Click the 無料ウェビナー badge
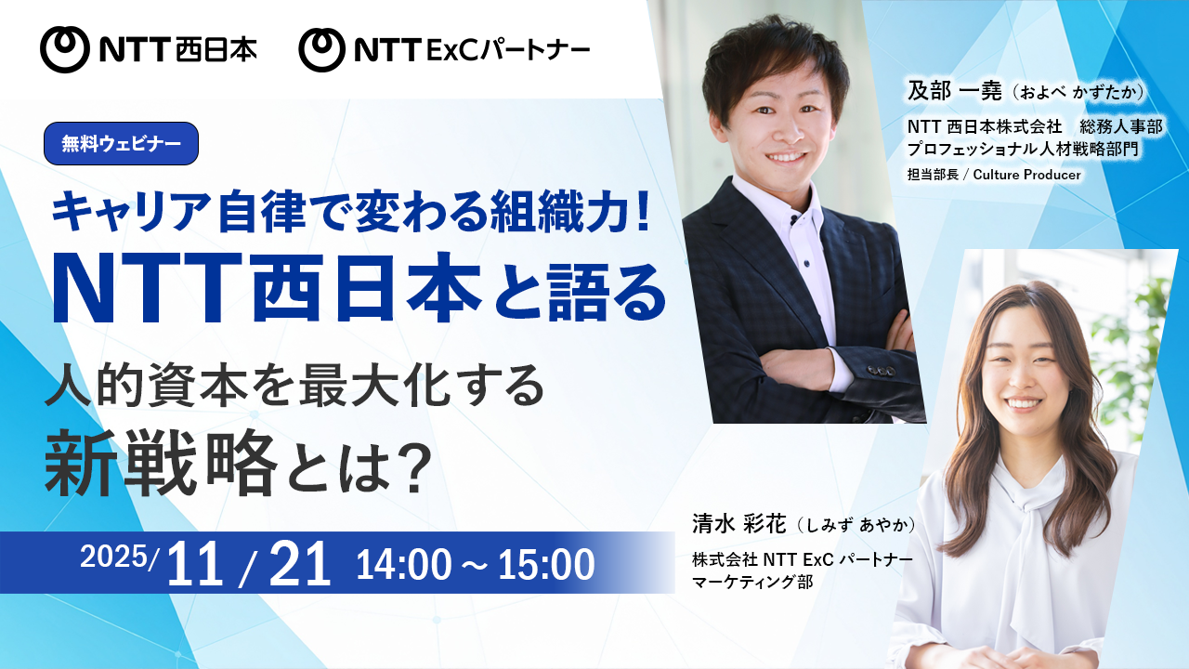coord(121,144)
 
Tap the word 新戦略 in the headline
coord(161,463)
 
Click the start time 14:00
coord(402,565)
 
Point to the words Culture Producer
coord(1026,175)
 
